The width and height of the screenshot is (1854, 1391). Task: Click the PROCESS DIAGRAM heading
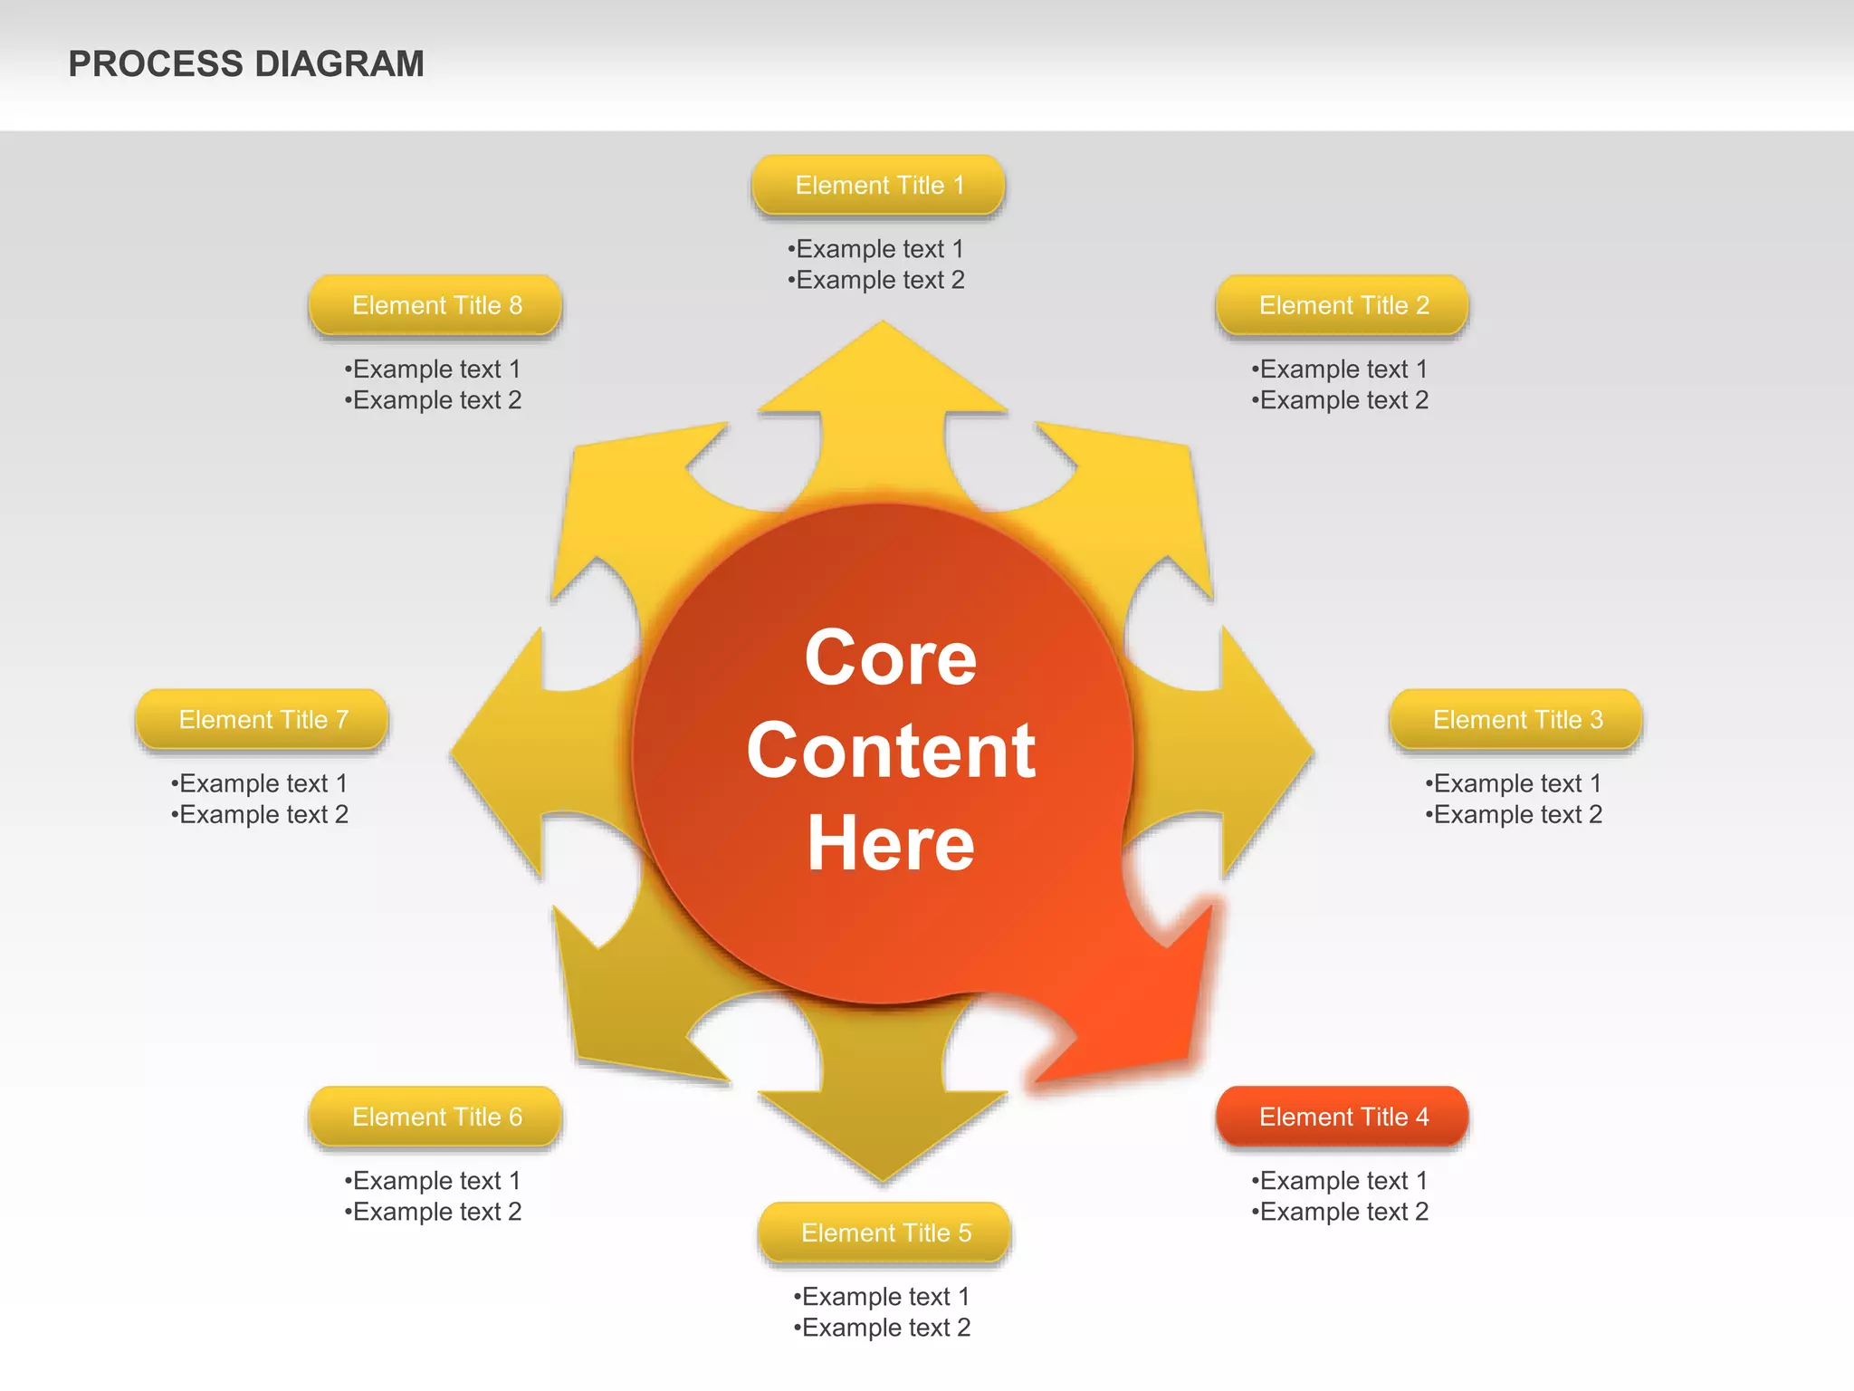point(246,64)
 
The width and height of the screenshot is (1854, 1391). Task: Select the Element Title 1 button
point(878,186)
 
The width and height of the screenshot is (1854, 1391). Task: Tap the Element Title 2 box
point(1343,305)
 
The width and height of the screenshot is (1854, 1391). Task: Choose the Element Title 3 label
point(1516,720)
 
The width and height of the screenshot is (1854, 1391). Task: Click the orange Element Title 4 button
point(1343,1117)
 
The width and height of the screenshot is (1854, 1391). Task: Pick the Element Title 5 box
point(884,1233)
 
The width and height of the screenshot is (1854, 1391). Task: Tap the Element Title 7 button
point(263,720)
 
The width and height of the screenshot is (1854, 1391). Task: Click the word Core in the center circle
point(890,657)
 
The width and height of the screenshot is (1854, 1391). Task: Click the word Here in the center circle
point(890,843)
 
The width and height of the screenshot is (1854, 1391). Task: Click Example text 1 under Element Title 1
point(875,249)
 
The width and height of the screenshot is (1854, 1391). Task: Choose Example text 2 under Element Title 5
point(882,1328)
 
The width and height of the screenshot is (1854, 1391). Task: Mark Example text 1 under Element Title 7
point(259,783)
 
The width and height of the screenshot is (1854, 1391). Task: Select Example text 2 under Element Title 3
point(1514,814)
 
